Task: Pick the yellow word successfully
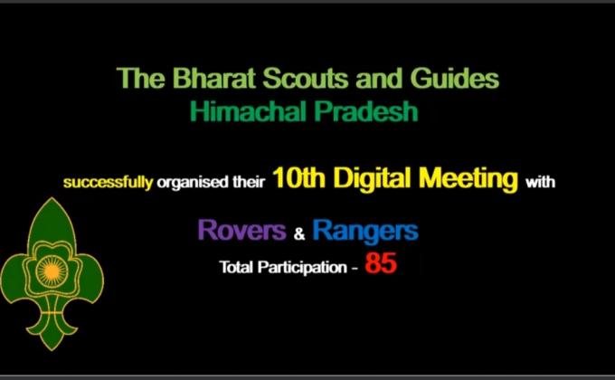(108, 183)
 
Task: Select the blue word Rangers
(365, 231)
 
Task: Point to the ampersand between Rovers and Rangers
(300, 234)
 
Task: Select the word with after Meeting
(540, 183)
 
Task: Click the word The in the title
(138, 79)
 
